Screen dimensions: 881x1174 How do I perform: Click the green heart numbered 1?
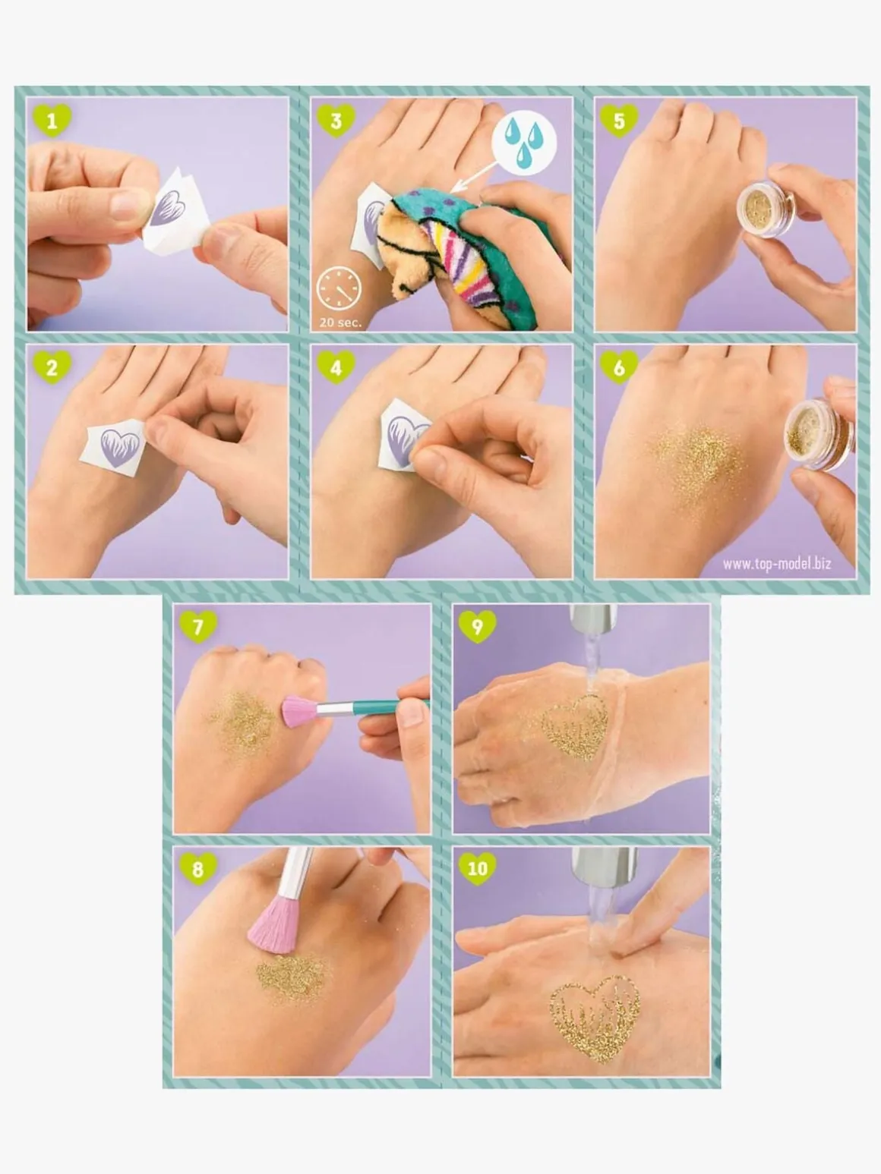pos(52,120)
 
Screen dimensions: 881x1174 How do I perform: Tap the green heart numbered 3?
pos(336,120)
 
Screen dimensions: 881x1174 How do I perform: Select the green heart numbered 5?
pos(619,120)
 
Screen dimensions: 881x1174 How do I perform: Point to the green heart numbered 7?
pos(198,626)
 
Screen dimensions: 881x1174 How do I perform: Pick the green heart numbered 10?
pos(478,869)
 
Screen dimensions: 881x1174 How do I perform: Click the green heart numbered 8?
pos(198,869)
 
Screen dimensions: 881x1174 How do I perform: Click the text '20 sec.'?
pos(340,323)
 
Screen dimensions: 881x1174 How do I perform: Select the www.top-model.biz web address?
pos(777,563)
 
